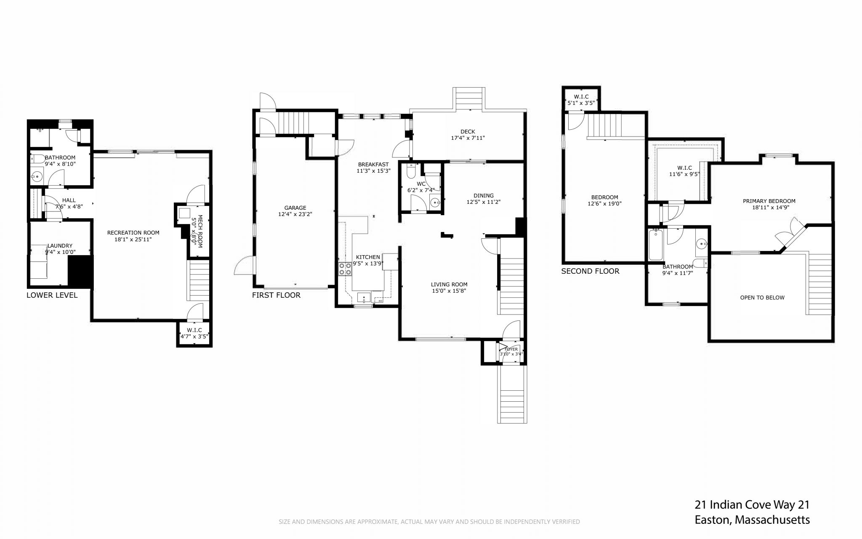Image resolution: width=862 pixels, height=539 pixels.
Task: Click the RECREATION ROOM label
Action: pos(133,233)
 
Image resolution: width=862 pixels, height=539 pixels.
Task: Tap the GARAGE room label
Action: pos(295,208)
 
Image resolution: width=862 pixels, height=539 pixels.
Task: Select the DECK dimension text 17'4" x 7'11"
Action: pos(468,138)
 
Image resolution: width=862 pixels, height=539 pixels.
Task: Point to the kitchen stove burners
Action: pos(345,269)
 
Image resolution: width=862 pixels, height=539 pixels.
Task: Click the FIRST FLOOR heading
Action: pos(276,295)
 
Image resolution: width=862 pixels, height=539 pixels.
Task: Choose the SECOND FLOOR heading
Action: pos(590,271)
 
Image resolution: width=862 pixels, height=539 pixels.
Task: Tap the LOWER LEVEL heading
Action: pos(52,295)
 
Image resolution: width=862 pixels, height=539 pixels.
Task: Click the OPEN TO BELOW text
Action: pos(762,298)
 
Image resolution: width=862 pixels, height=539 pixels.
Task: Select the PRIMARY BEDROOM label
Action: pos(769,201)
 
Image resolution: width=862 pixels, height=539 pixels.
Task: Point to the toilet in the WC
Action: pos(411,171)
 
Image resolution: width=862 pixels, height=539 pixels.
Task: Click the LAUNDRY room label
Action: pos(60,246)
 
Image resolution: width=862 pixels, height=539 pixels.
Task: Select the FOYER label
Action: pos(511,349)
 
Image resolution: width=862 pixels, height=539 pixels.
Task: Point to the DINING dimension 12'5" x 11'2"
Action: pos(483,202)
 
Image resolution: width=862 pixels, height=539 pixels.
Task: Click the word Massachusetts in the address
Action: pos(772,520)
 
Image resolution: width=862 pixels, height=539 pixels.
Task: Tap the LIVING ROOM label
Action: pos(449,285)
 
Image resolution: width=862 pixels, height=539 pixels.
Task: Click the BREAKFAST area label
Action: pos(373,165)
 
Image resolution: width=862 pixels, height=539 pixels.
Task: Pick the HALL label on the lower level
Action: pos(69,200)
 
